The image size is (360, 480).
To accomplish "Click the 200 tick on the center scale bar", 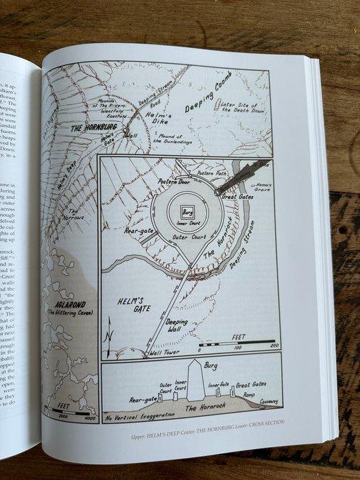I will (274, 346).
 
